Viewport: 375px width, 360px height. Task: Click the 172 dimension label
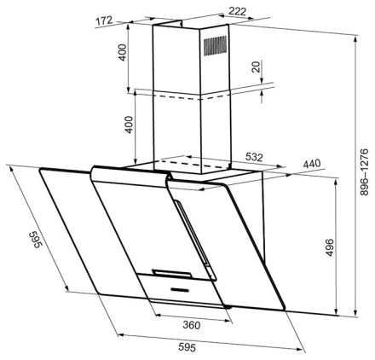pyautogui.click(x=104, y=21)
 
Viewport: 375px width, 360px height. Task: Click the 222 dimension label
pyautogui.click(x=237, y=11)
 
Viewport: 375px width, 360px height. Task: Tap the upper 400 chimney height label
pyautogui.click(x=123, y=53)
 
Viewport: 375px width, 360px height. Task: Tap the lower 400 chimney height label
pyautogui.click(x=130, y=125)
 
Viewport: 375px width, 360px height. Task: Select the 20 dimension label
pyautogui.click(x=257, y=67)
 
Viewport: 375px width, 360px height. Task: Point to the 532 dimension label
pyautogui.click(x=254, y=157)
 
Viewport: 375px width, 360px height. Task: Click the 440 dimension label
pyautogui.click(x=312, y=164)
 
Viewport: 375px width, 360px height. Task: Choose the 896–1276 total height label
pyautogui.click(x=364, y=171)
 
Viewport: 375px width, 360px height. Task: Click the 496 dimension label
pyautogui.click(x=329, y=247)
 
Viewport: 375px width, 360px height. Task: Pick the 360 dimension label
pyautogui.click(x=192, y=325)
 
